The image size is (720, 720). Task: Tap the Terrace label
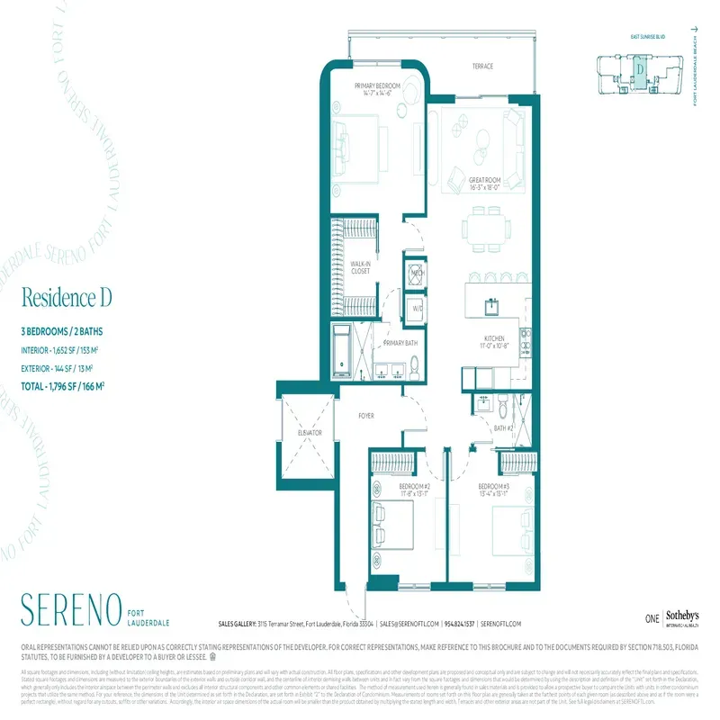click(487, 67)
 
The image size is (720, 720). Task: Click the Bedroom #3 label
click(495, 488)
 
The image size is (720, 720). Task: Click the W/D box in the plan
click(417, 309)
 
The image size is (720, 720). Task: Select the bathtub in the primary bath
click(341, 352)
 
